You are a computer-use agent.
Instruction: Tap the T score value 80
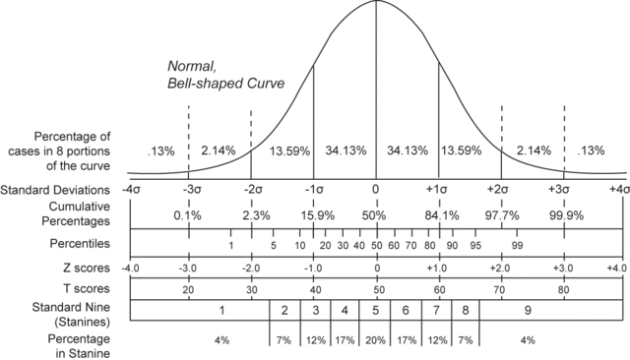564,291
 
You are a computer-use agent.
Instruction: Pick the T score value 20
188,291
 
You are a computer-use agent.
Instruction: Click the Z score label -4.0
129,268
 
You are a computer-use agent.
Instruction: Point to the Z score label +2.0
501,268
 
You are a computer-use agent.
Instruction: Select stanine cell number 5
375,311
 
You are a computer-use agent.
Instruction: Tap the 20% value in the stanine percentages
375,340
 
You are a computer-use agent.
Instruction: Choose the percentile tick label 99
517,246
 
